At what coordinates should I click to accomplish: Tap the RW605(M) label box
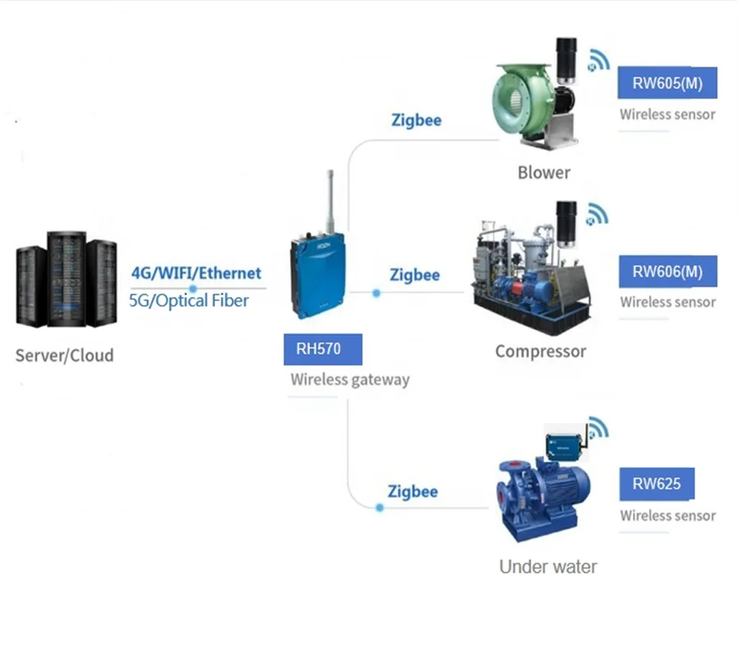[667, 82]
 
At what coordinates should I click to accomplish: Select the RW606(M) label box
[667, 271]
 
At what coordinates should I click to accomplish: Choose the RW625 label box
[656, 484]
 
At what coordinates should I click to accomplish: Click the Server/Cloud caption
[64, 355]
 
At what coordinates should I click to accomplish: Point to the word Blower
[544, 172]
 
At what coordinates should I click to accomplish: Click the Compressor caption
[540, 351]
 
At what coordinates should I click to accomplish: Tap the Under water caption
[548, 567]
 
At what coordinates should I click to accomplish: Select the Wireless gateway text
[349, 380]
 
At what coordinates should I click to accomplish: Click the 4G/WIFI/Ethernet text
[196, 273]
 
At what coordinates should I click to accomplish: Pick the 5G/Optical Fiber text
[189, 300]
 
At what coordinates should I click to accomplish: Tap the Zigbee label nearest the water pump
[412, 491]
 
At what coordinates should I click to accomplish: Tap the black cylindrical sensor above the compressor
[567, 221]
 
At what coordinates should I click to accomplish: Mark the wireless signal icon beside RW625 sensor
[599, 428]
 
